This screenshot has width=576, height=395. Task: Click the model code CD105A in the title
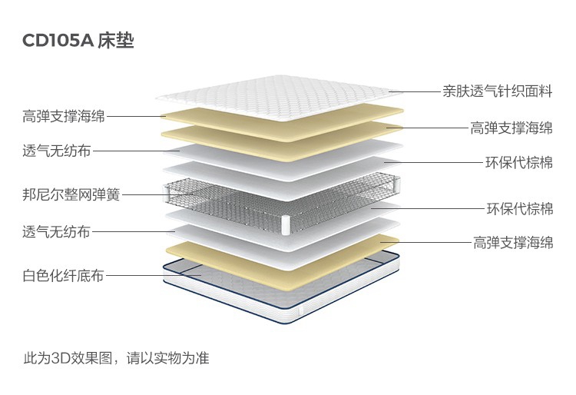(58, 41)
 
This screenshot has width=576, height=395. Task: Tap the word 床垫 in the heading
(117, 41)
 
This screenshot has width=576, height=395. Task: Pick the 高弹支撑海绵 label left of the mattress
(63, 117)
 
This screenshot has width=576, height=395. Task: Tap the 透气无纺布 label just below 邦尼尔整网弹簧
(56, 231)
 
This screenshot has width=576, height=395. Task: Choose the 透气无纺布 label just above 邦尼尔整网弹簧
(56, 151)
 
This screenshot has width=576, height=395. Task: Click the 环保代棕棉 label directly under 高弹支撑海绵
(518, 163)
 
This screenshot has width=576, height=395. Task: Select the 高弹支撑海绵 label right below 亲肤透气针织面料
(511, 128)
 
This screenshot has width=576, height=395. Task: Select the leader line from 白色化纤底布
(150, 275)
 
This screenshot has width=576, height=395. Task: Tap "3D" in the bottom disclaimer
(61, 358)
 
